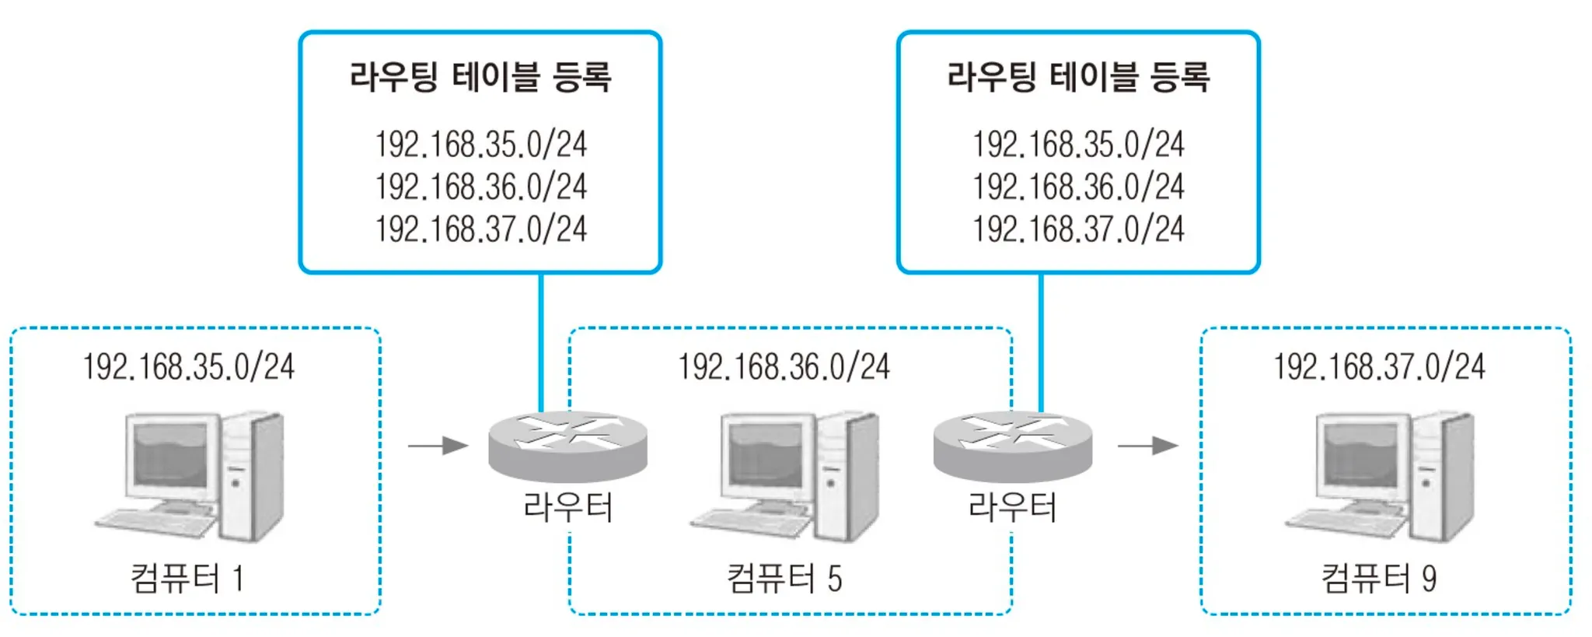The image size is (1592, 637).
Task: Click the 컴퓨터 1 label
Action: click(x=187, y=579)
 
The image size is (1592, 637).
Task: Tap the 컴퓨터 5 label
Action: click(x=784, y=579)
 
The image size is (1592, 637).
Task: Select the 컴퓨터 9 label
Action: click(x=1379, y=579)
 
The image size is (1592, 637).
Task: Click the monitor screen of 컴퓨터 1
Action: click(x=171, y=454)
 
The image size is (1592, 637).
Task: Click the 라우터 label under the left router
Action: click(x=568, y=507)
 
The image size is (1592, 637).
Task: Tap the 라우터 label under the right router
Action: click(x=1012, y=507)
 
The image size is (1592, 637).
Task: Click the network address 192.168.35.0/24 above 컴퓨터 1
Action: click(x=189, y=367)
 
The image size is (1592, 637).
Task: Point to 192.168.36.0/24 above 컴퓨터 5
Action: click(x=784, y=367)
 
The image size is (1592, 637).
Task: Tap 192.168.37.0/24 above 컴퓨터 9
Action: click(x=1379, y=367)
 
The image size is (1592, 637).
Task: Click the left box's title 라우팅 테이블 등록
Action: click(x=480, y=77)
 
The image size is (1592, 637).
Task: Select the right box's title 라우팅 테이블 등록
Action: click(x=1077, y=77)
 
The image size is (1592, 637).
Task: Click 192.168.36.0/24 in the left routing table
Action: click(x=480, y=187)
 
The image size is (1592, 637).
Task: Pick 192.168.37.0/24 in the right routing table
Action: click(x=1077, y=229)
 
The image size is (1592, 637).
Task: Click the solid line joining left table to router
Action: click(x=541, y=342)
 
